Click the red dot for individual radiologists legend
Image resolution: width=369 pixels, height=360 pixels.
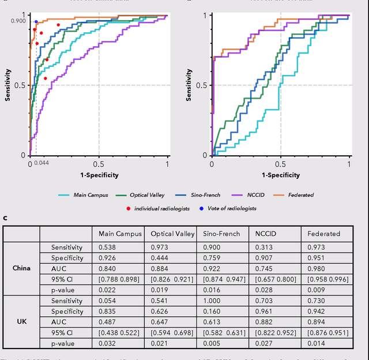128,208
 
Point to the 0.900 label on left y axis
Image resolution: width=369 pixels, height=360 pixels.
18,21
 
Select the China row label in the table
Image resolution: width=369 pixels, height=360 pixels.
21,268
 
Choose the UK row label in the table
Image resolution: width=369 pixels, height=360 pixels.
21,322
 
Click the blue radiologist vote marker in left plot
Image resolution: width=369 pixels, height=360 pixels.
36,22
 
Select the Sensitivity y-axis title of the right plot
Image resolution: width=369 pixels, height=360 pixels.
190,85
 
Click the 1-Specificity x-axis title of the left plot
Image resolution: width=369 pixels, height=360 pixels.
99,175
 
